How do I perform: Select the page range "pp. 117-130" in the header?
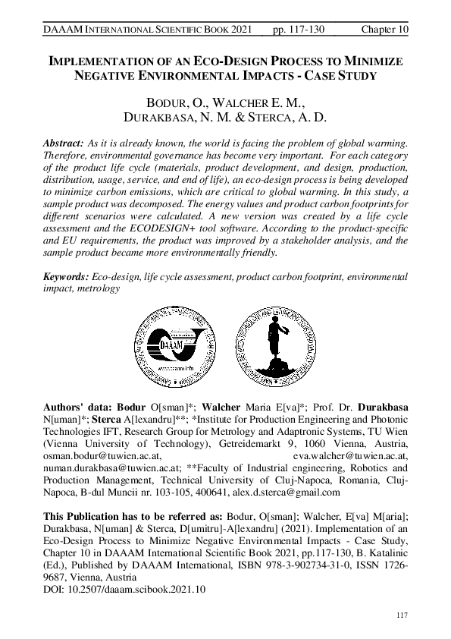click(299, 29)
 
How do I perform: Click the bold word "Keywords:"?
click(66, 278)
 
